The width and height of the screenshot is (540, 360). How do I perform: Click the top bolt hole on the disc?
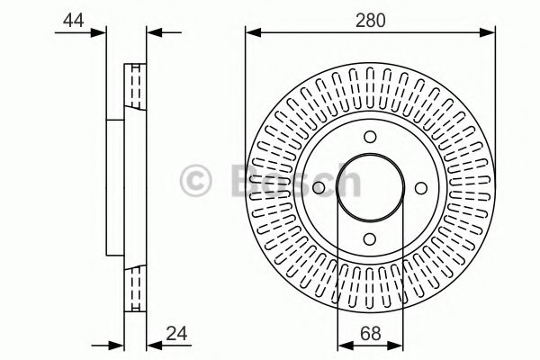(370, 137)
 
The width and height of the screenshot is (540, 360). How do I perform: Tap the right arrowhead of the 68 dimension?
(397, 346)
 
